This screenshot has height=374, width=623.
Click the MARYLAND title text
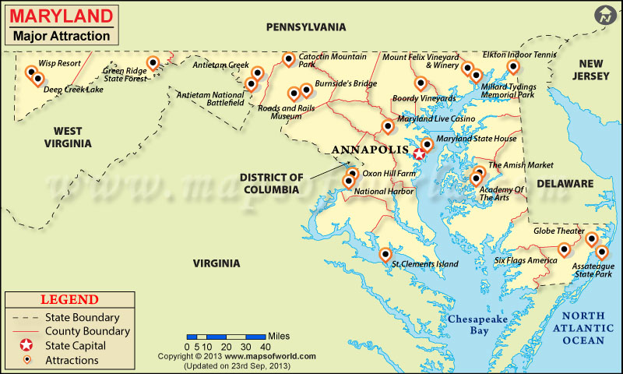(x=60, y=15)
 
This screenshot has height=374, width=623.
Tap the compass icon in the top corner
(x=605, y=15)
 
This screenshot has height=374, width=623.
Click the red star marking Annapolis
(x=420, y=153)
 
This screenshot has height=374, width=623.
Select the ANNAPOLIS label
(x=370, y=150)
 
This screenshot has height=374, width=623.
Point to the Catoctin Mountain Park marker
(x=289, y=58)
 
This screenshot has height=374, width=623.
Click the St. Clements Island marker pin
(x=385, y=255)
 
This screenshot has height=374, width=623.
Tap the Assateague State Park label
(x=593, y=270)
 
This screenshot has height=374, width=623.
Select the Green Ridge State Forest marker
(x=153, y=63)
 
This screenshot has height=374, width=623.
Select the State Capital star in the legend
(x=26, y=345)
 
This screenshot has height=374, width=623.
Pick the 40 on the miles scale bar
(x=265, y=346)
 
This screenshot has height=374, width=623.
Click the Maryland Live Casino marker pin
(x=388, y=126)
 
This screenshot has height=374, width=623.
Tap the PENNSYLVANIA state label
(x=306, y=26)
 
